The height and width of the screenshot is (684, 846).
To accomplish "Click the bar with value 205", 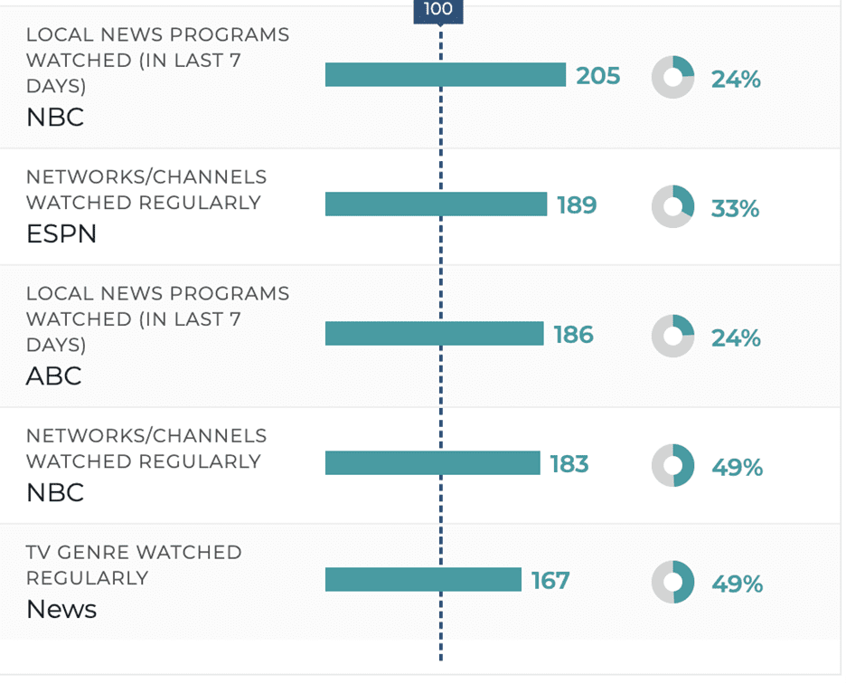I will (x=445, y=75).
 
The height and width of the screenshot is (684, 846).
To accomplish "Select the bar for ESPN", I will (x=436, y=204).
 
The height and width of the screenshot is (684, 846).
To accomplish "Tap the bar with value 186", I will (x=434, y=334).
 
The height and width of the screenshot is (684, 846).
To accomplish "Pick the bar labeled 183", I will (x=432, y=463).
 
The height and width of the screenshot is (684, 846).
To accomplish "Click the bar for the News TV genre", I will (x=423, y=579).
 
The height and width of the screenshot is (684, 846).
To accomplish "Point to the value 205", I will (x=598, y=76).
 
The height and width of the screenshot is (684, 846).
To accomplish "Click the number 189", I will (x=577, y=205).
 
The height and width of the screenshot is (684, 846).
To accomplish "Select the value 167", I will (x=550, y=580).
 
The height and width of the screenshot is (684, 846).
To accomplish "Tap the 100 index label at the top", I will (x=438, y=10).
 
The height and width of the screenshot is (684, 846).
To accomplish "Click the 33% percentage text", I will (x=736, y=209).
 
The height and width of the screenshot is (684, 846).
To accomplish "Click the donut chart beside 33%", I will (x=673, y=206).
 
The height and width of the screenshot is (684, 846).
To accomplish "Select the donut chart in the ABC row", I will (x=673, y=336).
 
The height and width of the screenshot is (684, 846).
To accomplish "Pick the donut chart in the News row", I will (x=673, y=582).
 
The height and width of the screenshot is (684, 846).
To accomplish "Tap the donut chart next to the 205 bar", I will (x=673, y=77).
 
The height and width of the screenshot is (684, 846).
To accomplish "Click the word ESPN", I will (x=61, y=234).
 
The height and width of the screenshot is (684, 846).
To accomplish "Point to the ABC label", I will (x=54, y=375).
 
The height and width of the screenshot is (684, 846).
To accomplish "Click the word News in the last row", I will (x=61, y=609).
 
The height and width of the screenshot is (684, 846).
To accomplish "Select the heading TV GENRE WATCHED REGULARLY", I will (x=134, y=565).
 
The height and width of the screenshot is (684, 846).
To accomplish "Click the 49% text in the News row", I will (x=737, y=584).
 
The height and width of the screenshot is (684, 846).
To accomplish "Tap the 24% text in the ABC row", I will (x=736, y=338).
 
